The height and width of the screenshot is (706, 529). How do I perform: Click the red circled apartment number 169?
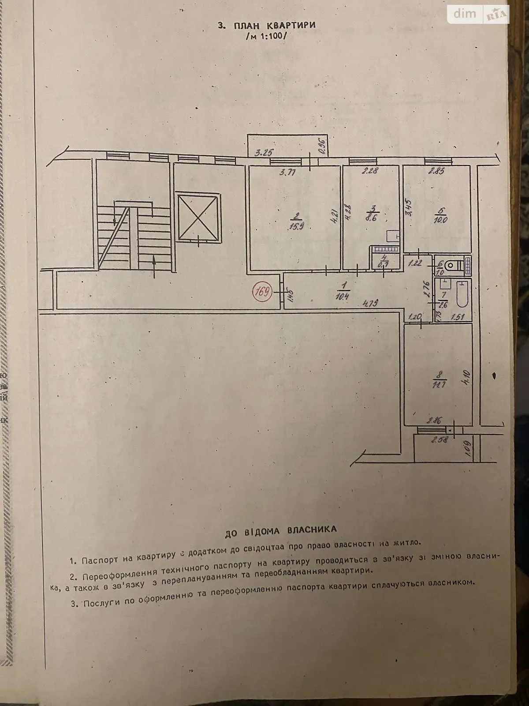coord(261,292)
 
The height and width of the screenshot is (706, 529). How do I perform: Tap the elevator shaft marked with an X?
coord(198,216)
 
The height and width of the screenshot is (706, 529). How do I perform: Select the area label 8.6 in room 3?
coord(373,214)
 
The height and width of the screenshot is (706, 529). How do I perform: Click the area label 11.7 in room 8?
coord(440,379)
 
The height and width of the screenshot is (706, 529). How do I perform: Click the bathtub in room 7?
coord(462,293)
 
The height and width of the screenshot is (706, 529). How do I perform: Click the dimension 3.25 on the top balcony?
coord(264,153)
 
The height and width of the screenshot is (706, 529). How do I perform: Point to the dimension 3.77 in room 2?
coord(287,173)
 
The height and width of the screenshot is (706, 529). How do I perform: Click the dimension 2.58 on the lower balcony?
coord(440,439)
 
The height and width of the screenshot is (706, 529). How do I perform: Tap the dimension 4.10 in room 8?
coord(467,377)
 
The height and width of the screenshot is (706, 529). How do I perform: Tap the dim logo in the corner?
coord(465,14)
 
